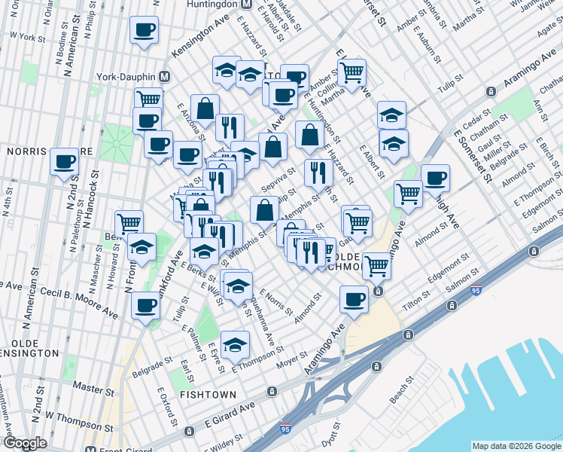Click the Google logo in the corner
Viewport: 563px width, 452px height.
tap(25, 442)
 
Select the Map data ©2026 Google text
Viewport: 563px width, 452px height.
tap(516, 446)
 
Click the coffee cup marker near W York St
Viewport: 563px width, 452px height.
tap(144, 31)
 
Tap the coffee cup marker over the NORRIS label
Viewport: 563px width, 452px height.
tap(65, 161)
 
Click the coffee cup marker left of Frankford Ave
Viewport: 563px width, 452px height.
tap(145, 305)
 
